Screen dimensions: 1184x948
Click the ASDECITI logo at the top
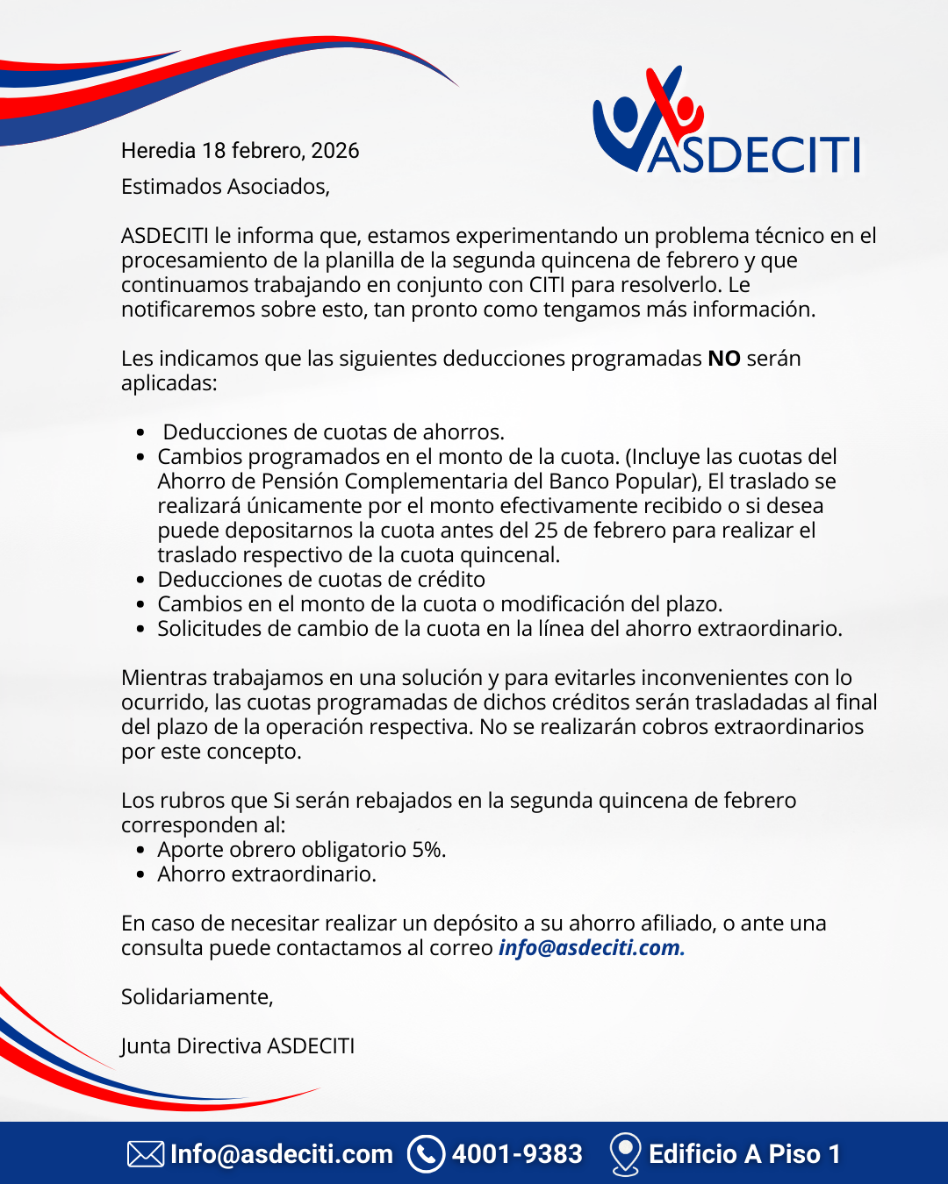pyautogui.click(x=727, y=123)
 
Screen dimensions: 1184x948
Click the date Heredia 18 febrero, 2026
pyautogui.click(x=240, y=151)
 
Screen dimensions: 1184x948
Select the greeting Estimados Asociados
pyautogui.click(x=225, y=187)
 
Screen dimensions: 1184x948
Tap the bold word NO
pyautogui.click(x=724, y=359)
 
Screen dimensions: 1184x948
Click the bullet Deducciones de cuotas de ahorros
pyautogui.click(x=334, y=432)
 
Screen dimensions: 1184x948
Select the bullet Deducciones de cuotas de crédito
pyautogui.click(x=321, y=580)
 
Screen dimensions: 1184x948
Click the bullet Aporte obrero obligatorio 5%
pyautogui.click(x=301, y=850)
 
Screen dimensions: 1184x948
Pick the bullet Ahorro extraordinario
pyautogui.click(x=267, y=874)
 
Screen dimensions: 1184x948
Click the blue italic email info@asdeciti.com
pyautogui.click(x=591, y=948)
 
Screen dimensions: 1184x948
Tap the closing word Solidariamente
pyautogui.click(x=197, y=997)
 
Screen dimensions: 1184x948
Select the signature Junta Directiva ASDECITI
pyautogui.click(x=238, y=1046)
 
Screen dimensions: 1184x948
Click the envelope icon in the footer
pyautogui.click(x=146, y=1154)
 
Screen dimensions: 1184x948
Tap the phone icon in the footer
pyautogui.click(x=427, y=1154)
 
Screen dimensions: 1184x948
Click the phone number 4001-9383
pyautogui.click(x=517, y=1154)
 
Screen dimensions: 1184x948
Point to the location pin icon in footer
pyautogui.click(x=624, y=1153)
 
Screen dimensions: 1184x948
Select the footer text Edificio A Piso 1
pyautogui.click(x=744, y=1154)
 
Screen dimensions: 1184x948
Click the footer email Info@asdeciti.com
pyautogui.click(x=282, y=1154)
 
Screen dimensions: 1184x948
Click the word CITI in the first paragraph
pyautogui.click(x=546, y=285)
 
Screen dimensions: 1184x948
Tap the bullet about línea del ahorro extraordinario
pyautogui.click(x=499, y=629)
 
